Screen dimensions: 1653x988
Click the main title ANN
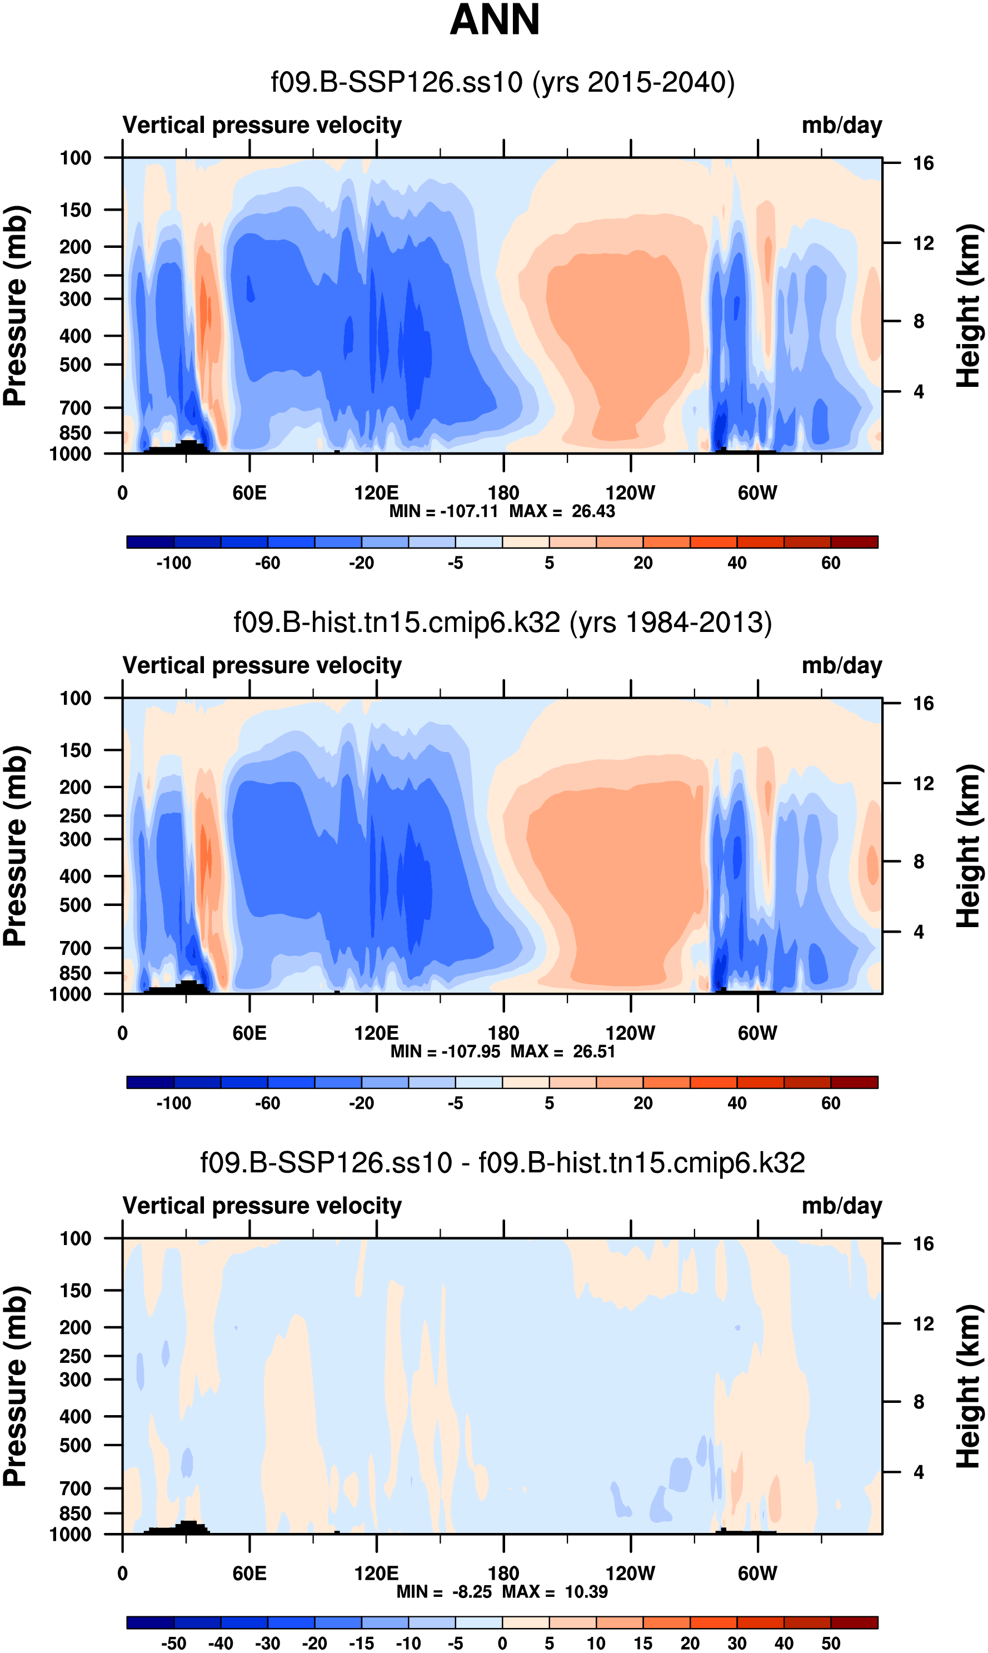tap(494, 20)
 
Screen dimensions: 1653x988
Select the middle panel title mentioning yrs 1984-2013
tap(503, 623)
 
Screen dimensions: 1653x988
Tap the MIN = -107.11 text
tap(443, 511)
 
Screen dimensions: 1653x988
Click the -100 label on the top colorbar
tap(173, 563)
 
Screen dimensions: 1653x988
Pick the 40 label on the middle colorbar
tap(737, 1103)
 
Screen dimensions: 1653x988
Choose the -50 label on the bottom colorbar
tap(173, 1643)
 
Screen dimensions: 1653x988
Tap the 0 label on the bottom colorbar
tap(503, 1643)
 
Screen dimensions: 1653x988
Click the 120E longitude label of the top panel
tap(376, 494)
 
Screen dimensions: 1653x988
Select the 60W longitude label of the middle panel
tap(757, 1033)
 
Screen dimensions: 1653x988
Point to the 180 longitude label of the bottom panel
tap(503, 1573)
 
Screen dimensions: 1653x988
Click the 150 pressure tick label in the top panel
tap(75, 210)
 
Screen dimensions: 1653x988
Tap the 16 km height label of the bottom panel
tap(923, 1243)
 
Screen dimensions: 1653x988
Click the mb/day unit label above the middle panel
tap(841, 666)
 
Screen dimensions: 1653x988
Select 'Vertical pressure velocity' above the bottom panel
tap(262, 1206)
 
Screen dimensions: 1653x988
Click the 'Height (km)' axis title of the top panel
tap(969, 306)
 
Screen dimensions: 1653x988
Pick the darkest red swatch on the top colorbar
tap(854, 542)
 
